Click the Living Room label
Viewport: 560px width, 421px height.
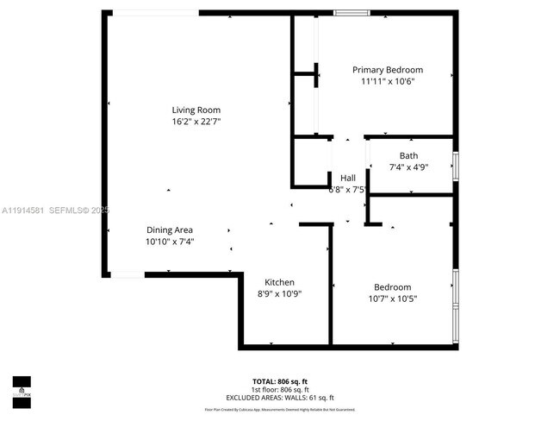(x=196, y=110)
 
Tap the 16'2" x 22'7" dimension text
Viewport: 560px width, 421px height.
(x=196, y=122)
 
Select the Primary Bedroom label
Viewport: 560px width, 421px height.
(x=387, y=70)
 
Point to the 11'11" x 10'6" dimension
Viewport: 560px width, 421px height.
(x=387, y=82)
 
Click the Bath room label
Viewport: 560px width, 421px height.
(x=408, y=156)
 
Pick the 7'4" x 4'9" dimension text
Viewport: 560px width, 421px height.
(x=408, y=167)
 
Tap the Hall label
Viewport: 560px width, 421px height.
(x=348, y=178)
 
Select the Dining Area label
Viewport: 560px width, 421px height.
(x=169, y=230)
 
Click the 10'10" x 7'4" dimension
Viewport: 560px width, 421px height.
(x=169, y=242)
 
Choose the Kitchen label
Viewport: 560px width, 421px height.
(x=280, y=282)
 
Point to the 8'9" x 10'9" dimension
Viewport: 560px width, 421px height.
(x=280, y=294)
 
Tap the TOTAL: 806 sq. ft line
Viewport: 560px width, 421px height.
(x=279, y=380)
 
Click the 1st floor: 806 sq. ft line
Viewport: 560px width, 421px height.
(x=279, y=388)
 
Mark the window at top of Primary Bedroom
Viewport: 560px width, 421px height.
(x=352, y=12)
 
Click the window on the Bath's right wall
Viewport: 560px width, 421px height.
(x=456, y=164)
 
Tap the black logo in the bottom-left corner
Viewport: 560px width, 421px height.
(x=21, y=391)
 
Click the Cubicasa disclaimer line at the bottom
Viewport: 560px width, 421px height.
(x=279, y=410)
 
